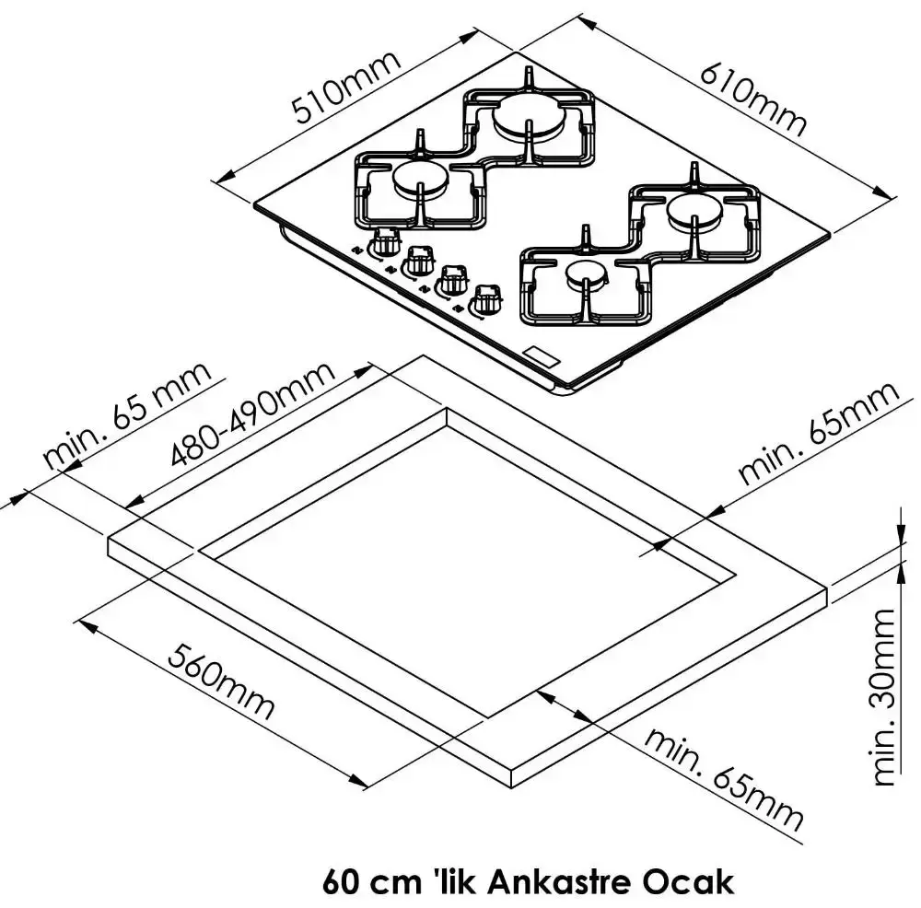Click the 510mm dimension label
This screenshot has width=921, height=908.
347,88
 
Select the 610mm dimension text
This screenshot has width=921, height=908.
752,97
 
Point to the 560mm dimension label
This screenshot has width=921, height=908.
222,681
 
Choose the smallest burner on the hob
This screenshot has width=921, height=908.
586,274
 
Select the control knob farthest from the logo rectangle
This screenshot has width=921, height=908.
383,246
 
